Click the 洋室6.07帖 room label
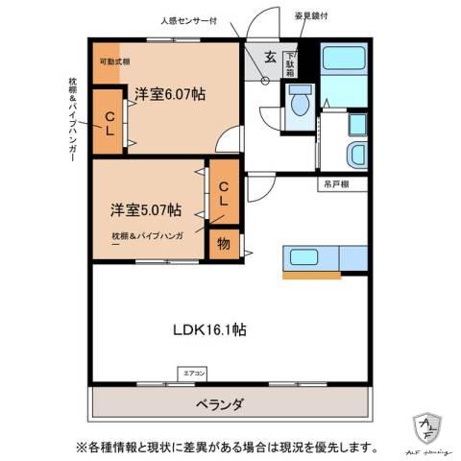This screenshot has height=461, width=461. tap(169, 93)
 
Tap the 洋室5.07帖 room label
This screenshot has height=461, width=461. tap(145, 208)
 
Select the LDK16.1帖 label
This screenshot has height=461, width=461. tap(210, 329)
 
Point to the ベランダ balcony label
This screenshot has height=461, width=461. tap(230, 402)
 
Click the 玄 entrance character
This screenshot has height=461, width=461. tap(271, 57)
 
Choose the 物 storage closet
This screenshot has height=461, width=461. tap(223, 244)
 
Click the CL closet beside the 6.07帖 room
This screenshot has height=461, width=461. tap(110, 121)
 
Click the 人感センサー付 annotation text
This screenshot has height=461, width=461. tap(217, 18)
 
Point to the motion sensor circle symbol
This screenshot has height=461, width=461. tap(262, 80)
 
